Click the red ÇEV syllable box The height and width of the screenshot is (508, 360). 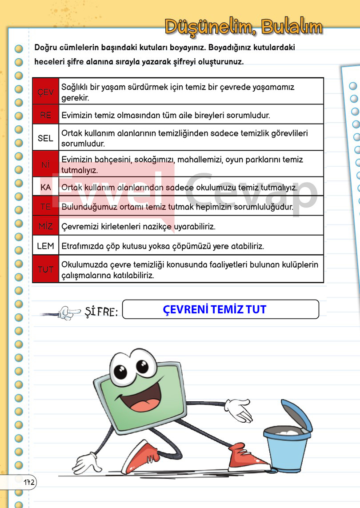pyautogui.click(x=45, y=92)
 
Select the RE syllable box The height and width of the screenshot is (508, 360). pyautogui.click(x=45, y=115)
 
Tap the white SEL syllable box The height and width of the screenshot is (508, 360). pyautogui.click(x=45, y=138)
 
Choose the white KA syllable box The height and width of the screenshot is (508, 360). pyautogui.click(x=45, y=188)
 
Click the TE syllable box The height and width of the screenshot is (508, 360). pyautogui.click(x=45, y=207)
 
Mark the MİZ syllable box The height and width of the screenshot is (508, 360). pyautogui.click(x=45, y=226)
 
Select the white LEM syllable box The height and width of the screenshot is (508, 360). pyautogui.click(x=45, y=246)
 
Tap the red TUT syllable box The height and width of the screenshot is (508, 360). pyautogui.click(x=45, y=269)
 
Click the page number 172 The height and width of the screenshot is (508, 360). pyautogui.click(x=30, y=482)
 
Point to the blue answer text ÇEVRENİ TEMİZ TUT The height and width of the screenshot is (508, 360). pyautogui.click(x=215, y=309)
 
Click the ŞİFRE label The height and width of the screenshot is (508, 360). pyautogui.click(x=101, y=312)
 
